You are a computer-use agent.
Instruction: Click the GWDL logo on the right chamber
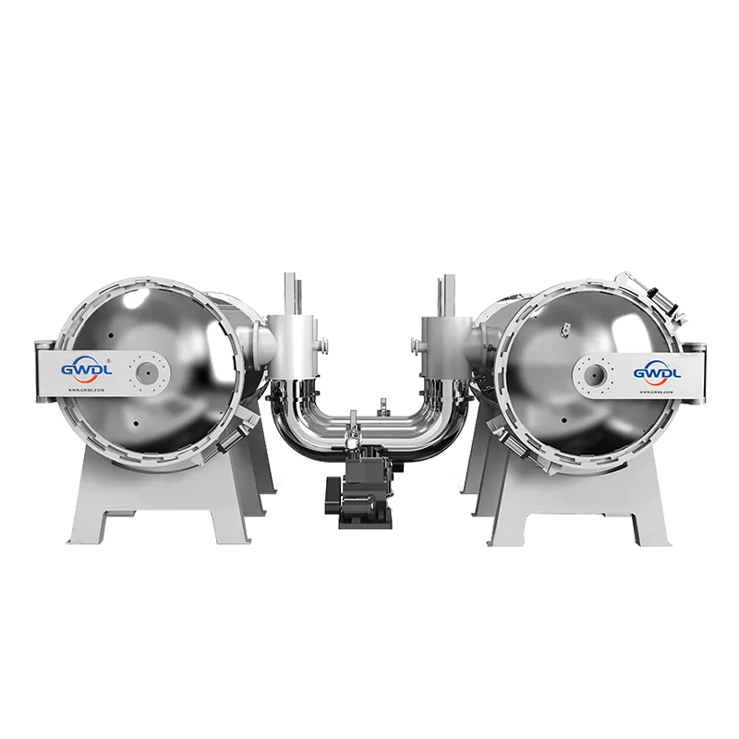(x=657, y=371)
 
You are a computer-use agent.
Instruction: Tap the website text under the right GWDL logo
(x=657, y=391)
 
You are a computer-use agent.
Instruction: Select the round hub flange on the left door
(x=148, y=371)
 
